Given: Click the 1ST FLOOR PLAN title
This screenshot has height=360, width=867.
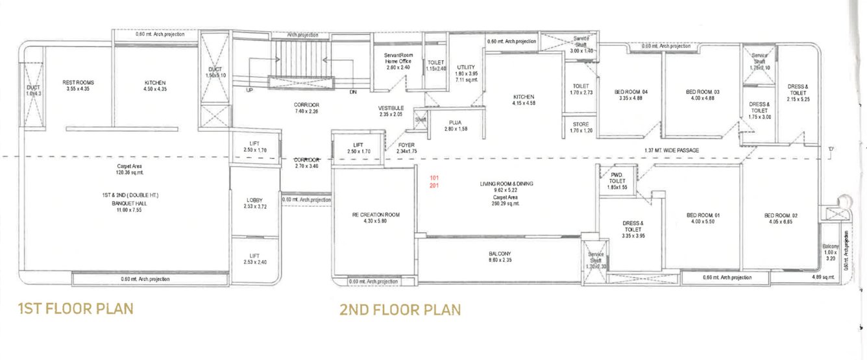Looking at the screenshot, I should pos(76,307).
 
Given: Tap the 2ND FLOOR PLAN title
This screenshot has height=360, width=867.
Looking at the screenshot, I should pos(400,309).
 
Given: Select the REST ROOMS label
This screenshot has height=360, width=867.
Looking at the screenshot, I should pos(79,83).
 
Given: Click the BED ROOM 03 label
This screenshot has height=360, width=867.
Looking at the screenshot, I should pos(703,92).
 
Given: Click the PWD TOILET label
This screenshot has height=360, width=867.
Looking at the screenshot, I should pos(617,178).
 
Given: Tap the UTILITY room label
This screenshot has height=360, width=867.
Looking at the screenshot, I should pos(466,67).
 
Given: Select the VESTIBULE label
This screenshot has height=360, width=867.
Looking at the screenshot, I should pos(391,108).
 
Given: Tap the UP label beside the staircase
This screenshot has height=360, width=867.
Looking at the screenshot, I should pos(249,91).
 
